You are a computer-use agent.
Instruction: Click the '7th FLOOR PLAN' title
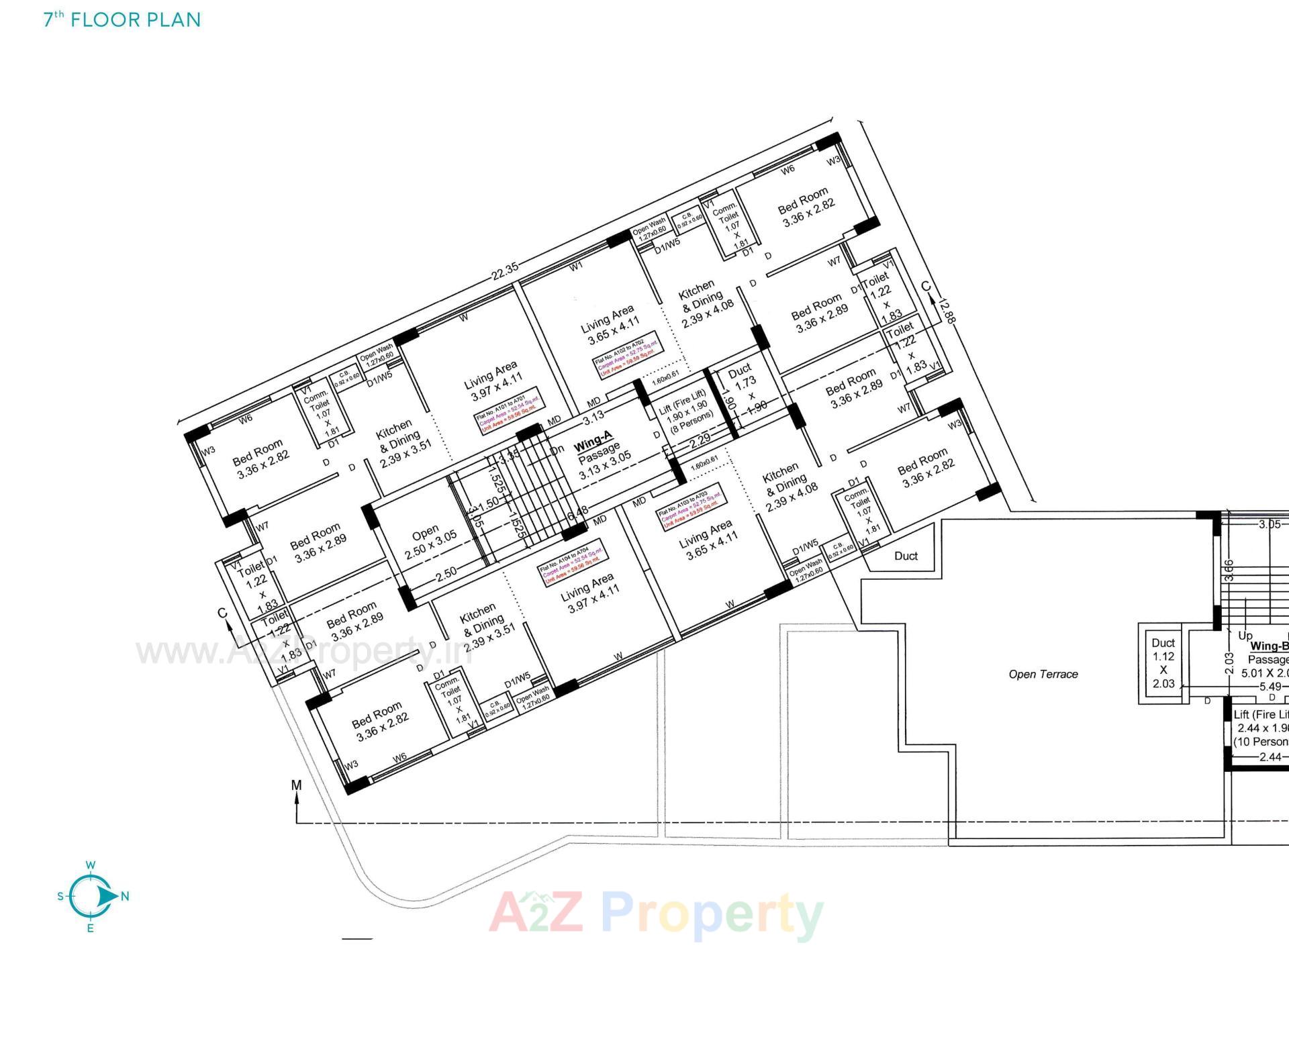point(122,19)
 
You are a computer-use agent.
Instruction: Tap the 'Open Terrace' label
point(1043,674)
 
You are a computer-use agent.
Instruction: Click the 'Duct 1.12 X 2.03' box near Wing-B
point(1163,662)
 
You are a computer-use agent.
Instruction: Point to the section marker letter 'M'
point(297,785)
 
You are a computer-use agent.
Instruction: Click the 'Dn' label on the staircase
point(557,450)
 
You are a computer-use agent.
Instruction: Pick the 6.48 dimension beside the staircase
point(578,512)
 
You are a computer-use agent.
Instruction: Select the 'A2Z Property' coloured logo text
point(656,913)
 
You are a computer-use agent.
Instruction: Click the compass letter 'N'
point(125,896)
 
